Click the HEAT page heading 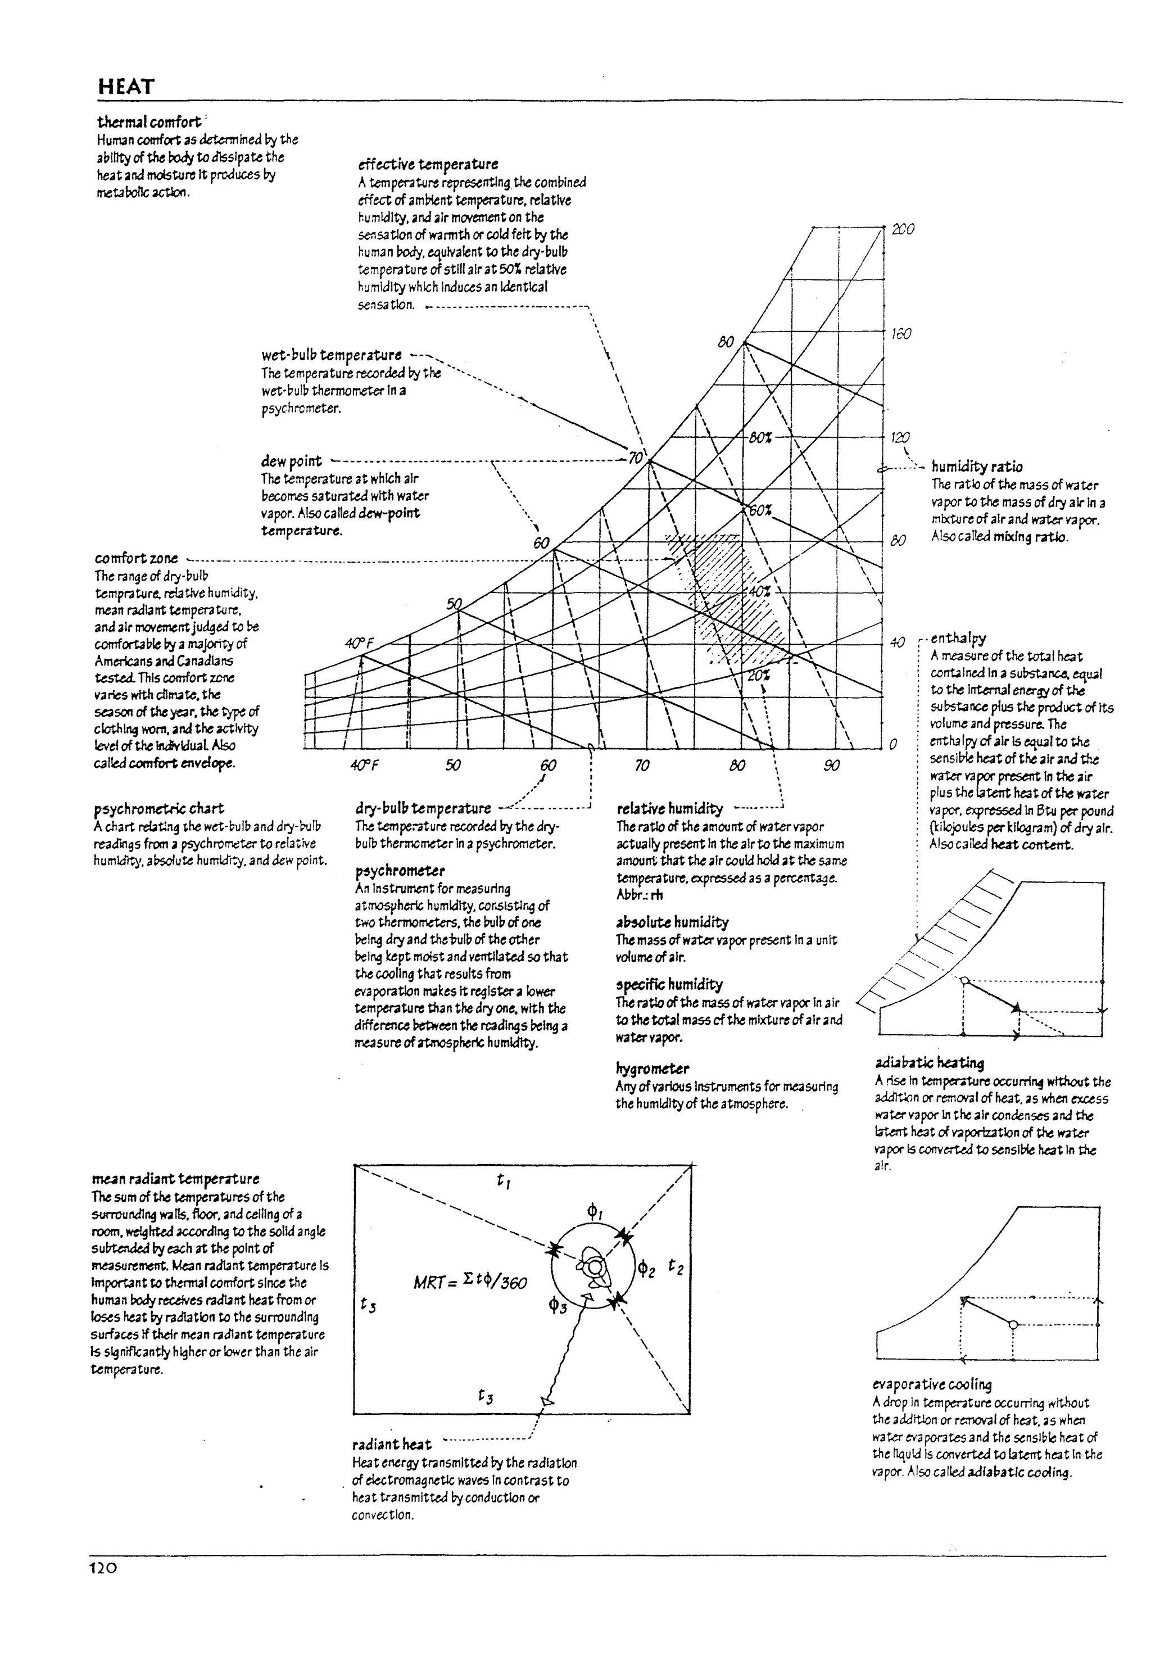click(x=126, y=87)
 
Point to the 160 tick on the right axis click(x=901, y=334)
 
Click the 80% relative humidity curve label click(x=760, y=437)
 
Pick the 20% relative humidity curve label click(x=758, y=676)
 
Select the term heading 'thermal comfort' click(x=149, y=122)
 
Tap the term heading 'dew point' click(x=291, y=461)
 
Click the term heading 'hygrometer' click(x=652, y=1068)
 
